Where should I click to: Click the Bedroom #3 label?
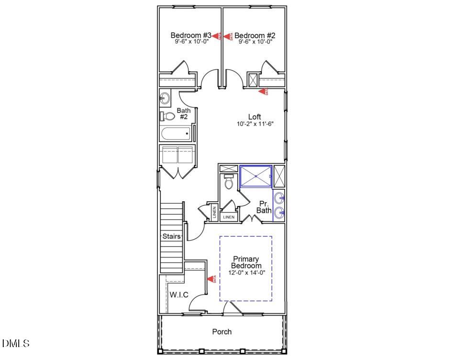tap(191, 35)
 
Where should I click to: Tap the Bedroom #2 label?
tap(255, 35)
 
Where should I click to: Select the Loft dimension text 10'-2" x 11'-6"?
tap(254, 124)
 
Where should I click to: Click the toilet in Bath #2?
tap(168, 116)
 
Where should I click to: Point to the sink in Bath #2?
tap(165, 98)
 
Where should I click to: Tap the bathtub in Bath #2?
tap(175, 134)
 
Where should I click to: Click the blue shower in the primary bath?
tap(255, 176)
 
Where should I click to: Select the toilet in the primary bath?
tap(229, 182)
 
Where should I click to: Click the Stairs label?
tap(172, 236)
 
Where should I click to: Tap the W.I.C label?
tap(179, 295)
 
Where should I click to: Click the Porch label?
tap(222, 331)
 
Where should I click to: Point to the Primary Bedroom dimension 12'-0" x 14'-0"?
tap(246, 273)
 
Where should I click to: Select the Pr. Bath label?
tap(264, 207)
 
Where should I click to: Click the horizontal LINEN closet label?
tap(229, 217)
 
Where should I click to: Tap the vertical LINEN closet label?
tap(213, 213)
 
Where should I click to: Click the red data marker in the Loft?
tap(263, 91)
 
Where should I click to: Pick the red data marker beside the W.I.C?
tap(211, 279)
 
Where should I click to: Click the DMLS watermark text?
tap(16, 343)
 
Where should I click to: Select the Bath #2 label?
tap(183, 114)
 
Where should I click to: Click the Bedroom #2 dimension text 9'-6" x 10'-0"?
tap(255, 42)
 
